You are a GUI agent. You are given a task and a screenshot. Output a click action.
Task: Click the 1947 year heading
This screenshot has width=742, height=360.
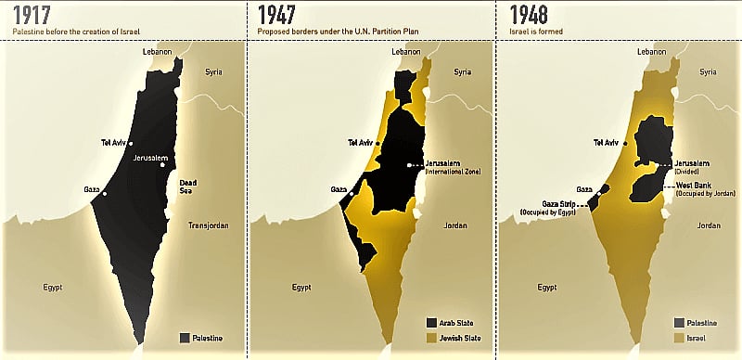tap(278, 15)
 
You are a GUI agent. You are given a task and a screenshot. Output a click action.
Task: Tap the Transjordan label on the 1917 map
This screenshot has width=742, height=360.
tap(208, 225)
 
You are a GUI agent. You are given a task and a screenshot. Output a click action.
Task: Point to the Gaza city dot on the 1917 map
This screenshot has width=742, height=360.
tap(105, 194)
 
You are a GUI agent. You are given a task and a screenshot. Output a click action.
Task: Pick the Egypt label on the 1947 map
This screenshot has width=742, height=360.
tap(301, 287)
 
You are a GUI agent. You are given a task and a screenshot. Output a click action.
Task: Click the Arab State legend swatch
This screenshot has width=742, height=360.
tap(432, 323)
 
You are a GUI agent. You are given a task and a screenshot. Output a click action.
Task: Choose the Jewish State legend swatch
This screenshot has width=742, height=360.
tap(432, 338)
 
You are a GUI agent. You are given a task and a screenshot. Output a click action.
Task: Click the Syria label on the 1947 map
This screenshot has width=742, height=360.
tap(462, 71)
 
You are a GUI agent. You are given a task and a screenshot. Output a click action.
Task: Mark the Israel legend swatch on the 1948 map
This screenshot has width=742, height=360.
tap(680, 338)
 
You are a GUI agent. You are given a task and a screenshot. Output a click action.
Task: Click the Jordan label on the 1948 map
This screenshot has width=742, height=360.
tap(709, 225)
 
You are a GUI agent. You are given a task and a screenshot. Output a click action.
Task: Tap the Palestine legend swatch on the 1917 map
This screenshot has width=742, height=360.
tap(185, 338)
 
